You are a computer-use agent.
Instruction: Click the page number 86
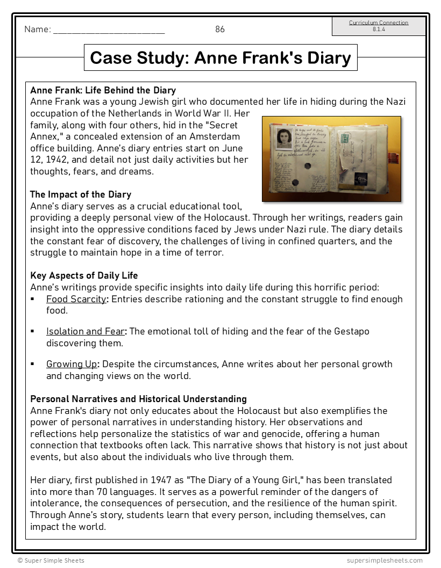[x=220, y=30]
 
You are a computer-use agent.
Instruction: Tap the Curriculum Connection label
[x=379, y=23]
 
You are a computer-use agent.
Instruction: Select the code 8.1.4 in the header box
[x=379, y=30]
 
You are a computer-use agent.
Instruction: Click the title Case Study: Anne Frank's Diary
[x=220, y=57]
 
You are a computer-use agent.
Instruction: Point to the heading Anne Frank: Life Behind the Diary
[x=103, y=90]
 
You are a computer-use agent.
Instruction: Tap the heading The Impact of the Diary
[x=81, y=194]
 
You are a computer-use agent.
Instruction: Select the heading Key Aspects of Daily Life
[x=84, y=275]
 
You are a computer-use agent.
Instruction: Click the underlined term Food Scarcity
[x=76, y=299]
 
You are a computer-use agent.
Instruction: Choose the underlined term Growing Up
[x=72, y=364]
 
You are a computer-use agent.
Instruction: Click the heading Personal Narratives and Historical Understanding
[x=138, y=399]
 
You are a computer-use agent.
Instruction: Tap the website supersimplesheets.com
[x=385, y=560]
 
